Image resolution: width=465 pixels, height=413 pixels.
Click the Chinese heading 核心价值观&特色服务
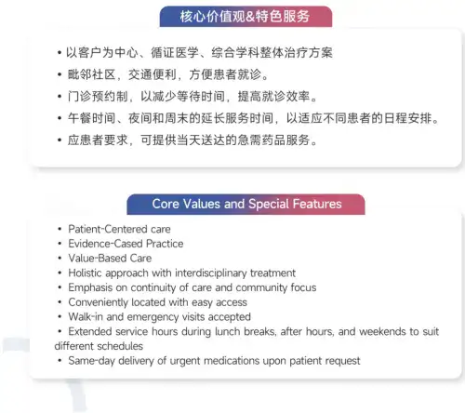[x=245, y=17]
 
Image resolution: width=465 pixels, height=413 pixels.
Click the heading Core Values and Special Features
[x=246, y=204]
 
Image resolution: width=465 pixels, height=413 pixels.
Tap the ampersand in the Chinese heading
[x=250, y=17]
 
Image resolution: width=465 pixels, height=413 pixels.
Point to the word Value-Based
[x=98, y=259]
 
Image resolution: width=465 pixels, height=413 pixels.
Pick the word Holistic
[x=85, y=273]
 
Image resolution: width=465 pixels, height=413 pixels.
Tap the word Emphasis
[x=90, y=287]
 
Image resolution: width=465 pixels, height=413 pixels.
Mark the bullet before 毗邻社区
[x=60, y=74]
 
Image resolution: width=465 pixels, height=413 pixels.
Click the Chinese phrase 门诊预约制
[x=98, y=97]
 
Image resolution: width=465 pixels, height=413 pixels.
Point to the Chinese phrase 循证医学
[x=175, y=53]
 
